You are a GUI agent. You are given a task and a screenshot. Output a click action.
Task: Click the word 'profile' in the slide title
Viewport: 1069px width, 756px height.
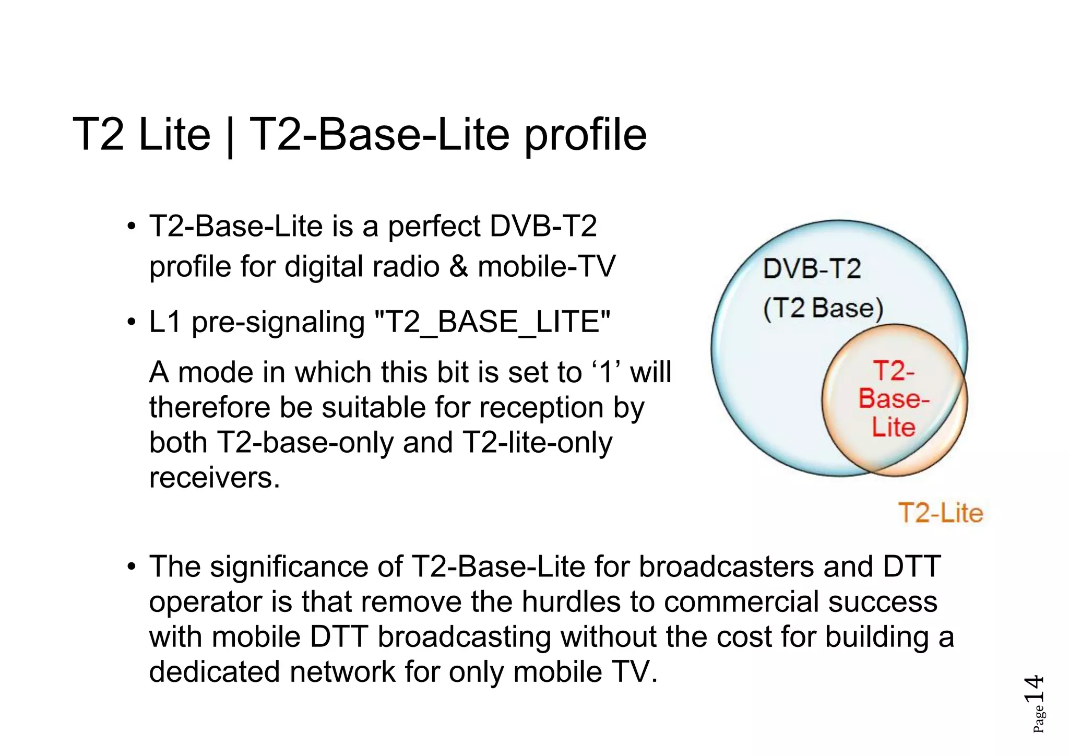click(585, 136)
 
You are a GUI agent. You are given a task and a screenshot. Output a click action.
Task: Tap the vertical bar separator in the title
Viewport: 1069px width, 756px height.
click(230, 137)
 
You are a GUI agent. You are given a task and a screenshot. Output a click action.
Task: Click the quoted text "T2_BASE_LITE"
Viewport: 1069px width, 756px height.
click(493, 322)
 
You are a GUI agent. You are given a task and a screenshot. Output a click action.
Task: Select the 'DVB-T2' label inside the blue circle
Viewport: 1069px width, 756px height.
click(812, 269)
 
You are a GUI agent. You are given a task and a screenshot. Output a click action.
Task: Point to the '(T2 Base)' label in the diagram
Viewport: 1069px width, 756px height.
click(823, 308)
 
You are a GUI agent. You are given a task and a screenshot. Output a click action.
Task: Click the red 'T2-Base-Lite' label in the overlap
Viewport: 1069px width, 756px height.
click(894, 399)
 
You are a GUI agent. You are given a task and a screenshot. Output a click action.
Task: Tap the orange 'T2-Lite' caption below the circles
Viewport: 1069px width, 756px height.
click(941, 513)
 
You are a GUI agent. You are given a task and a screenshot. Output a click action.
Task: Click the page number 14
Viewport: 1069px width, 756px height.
click(1033, 689)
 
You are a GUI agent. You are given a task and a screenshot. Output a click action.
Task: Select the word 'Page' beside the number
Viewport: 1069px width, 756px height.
click(1038, 719)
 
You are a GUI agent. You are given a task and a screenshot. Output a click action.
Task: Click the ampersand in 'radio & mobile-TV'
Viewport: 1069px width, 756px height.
click(458, 267)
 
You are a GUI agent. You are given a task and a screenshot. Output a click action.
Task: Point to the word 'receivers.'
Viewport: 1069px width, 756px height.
click(215, 477)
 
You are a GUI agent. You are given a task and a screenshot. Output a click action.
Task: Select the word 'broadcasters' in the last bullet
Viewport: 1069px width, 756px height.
click(726, 567)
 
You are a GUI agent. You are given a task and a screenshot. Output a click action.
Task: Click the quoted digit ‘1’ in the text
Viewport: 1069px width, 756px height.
click(606, 372)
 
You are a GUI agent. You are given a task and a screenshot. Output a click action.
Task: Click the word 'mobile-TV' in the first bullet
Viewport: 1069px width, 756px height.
click(547, 267)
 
